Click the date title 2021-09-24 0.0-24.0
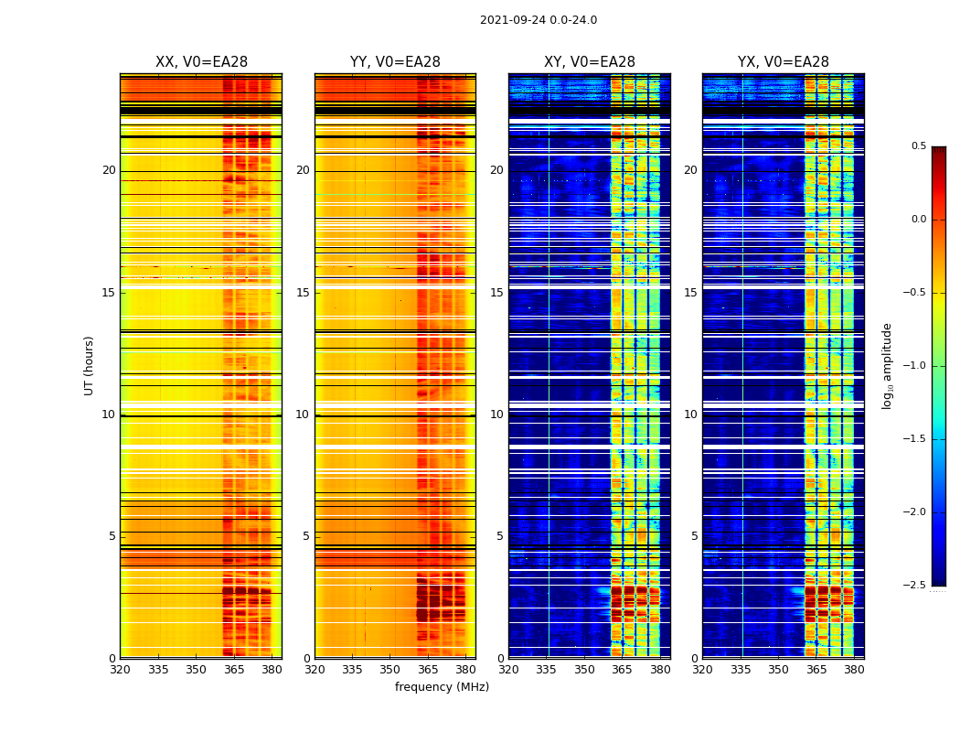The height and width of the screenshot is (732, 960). (538, 20)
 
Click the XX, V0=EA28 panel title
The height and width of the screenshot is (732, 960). (201, 62)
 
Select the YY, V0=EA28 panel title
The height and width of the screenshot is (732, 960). (395, 62)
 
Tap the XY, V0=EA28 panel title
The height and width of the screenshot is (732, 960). (589, 62)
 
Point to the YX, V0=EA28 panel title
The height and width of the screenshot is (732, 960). (783, 62)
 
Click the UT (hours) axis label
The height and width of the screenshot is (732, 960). (89, 365)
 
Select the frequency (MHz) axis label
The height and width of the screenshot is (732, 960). (442, 687)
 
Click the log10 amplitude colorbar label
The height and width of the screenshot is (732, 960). (887, 365)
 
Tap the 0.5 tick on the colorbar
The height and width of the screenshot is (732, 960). (918, 146)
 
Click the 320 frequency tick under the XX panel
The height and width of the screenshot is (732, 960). (120, 670)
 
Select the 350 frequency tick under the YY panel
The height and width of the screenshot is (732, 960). (390, 670)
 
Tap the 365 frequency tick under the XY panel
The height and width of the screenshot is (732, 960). (622, 670)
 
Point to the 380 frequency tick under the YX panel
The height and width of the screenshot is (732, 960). (854, 670)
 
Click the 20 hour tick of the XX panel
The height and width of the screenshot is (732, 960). (109, 170)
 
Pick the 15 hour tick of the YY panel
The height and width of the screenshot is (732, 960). (303, 293)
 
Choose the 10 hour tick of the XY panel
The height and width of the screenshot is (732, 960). (496, 414)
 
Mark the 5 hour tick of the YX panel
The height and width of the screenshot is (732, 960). (694, 536)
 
